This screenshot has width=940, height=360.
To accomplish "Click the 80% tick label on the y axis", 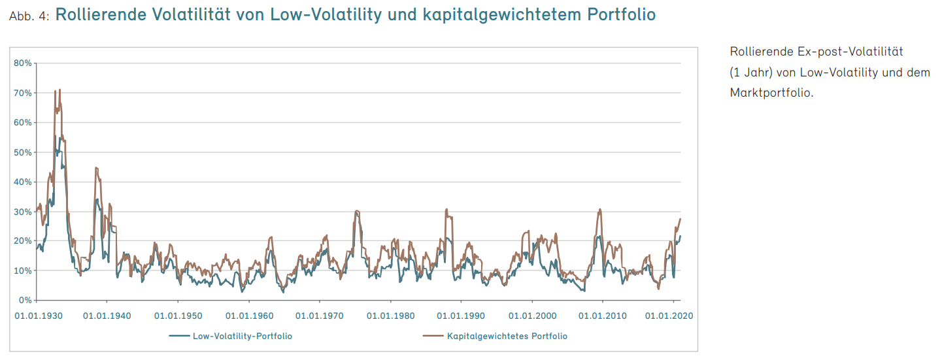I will [x=23, y=63].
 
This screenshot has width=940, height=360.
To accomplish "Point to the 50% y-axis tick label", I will [x=23, y=152].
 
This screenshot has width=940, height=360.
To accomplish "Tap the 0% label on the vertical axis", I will [x=25, y=301].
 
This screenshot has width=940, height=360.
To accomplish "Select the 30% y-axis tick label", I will [x=23, y=212].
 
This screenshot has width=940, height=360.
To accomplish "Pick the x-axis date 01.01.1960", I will [x=249, y=316].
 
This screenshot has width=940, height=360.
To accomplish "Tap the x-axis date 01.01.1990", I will [x=462, y=316].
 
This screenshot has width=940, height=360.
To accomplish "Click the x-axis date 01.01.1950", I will [x=178, y=316].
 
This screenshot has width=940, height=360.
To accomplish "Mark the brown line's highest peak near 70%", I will [x=59, y=90].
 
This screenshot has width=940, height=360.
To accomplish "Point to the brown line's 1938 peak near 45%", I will [x=96, y=168].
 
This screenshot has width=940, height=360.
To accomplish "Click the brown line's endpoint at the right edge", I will [x=680, y=218].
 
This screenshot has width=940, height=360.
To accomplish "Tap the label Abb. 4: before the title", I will [x=29, y=16].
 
